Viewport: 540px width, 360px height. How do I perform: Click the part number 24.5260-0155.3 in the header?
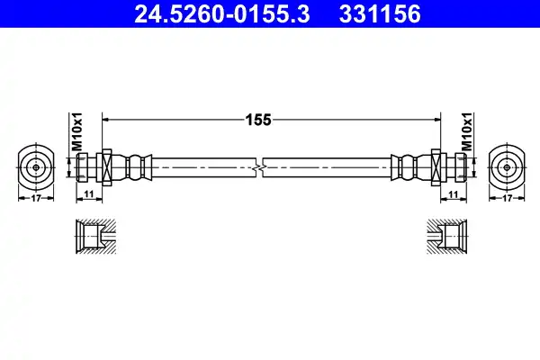pos(222,14)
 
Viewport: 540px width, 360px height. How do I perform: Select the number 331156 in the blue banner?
pos(380,14)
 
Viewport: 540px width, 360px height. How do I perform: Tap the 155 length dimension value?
pos(258,120)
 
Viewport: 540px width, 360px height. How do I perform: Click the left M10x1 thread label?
pos(76,132)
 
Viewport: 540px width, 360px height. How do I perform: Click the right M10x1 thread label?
pos(466,132)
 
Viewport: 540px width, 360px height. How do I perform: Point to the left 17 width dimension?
pos(36,198)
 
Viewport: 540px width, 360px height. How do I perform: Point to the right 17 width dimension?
pos(507,198)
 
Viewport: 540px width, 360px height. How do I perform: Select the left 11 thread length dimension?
pos(89,194)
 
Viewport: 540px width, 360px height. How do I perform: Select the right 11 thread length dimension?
pos(454,194)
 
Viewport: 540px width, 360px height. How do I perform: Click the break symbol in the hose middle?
pos(259,167)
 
